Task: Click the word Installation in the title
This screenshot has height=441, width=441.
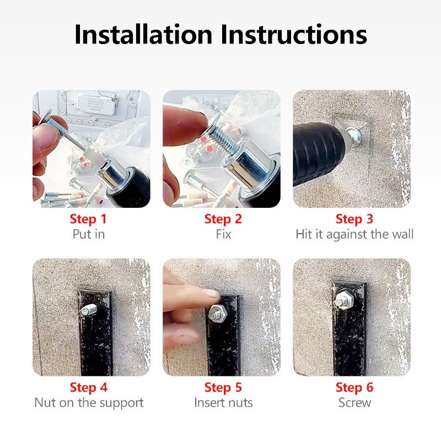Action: tap(143, 35)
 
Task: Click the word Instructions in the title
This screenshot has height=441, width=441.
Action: tap(294, 35)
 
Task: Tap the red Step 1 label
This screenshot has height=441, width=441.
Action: tap(88, 219)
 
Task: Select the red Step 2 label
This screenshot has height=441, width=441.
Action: tap(223, 219)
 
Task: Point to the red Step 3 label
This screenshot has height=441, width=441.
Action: tap(354, 219)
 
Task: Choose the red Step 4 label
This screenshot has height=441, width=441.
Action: tap(89, 388)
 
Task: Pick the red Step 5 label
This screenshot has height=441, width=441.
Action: tap(223, 388)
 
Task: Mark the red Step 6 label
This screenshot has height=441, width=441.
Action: tap(354, 388)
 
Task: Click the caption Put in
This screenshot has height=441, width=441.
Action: tap(89, 234)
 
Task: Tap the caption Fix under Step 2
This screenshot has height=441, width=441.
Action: tap(223, 234)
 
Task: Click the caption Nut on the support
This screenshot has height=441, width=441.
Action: tap(89, 403)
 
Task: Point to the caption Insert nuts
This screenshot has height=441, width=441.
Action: tap(223, 403)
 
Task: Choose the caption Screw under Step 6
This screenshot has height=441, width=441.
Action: tap(354, 403)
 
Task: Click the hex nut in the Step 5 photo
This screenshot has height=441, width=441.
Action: tap(217, 313)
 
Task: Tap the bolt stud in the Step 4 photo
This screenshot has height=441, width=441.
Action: tap(89, 310)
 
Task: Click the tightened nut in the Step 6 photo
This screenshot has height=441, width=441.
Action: tap(345, 300)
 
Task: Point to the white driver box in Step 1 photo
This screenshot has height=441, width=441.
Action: tap(96, 104)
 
